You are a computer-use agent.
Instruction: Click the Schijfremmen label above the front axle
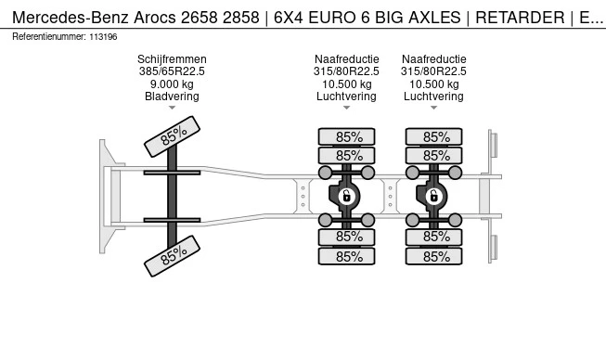[x=172, y=59]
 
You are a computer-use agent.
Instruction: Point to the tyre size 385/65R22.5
[x=172, y=71]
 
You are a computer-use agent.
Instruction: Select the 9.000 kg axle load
[x=172, y=84]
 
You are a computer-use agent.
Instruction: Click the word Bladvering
[x=172, y=96]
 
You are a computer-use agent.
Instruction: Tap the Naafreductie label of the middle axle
[x=347, y=59]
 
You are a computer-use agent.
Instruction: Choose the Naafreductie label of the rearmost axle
[x=433, y=59]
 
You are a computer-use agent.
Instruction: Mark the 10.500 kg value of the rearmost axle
[x=433, y=84]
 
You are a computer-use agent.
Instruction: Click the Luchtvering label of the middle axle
[x=347, y=96]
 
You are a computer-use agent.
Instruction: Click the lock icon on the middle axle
[x=346, y=196]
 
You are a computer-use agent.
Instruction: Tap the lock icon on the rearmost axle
[x=432, y=196]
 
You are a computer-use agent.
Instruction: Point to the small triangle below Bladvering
[x=172, y=108]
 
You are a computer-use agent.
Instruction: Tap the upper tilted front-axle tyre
[x=173, y=137]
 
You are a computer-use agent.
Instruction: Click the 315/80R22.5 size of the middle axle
[x=347, y=71]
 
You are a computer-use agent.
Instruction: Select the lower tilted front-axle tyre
[x=173, y=255]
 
